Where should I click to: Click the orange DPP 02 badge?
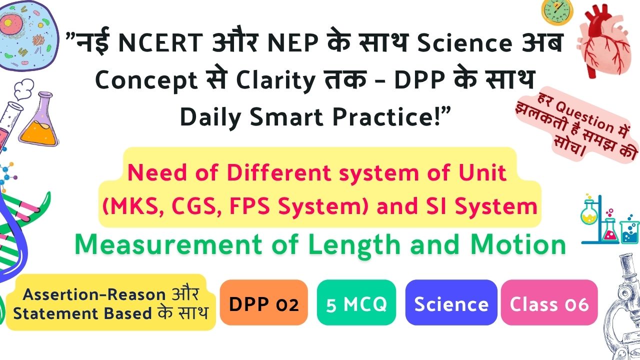[x=263, y=302]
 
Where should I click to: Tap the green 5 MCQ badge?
[x=356, y=302]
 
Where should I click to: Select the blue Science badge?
[x=451, y=302]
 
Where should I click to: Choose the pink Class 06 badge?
[x=549, y=302]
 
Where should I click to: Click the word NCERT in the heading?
[x=160, y=43]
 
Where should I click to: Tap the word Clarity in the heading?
[x=275, y=81]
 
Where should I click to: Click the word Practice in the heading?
[x=383, y=117]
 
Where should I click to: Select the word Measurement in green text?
[x=168, y=245]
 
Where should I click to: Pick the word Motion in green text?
[x=518, y=244]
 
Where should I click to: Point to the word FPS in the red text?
[x=249, y=206]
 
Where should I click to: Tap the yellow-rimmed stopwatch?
[x=557, y=12]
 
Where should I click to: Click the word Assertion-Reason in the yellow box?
[x=94, y=294]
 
